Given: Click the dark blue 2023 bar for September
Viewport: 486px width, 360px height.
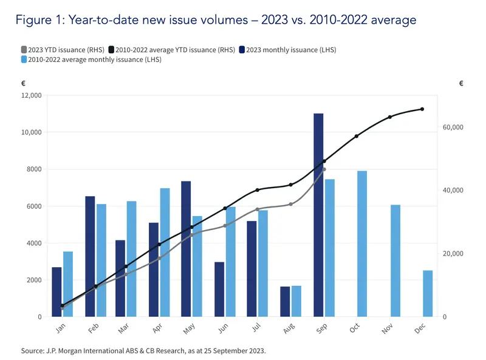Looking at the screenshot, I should (318, 215).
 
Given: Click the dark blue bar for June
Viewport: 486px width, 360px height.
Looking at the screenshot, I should (219, 290).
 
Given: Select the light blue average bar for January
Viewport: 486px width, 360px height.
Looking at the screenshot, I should (68, 284).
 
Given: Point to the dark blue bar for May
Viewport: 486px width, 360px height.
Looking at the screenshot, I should (186, 249).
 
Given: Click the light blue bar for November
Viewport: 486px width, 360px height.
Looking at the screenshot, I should (395, 261).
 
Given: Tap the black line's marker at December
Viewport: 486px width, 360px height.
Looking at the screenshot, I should (422, 109).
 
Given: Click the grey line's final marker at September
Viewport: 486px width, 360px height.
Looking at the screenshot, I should (324, 169).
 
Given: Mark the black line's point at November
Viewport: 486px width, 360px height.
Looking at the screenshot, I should (389, 117).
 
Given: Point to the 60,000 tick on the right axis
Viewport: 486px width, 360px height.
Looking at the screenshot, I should (450, 127).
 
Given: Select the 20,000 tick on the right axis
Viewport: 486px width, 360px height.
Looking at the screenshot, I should (450, 254).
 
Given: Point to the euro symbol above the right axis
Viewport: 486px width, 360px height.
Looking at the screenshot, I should (461, 84).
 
